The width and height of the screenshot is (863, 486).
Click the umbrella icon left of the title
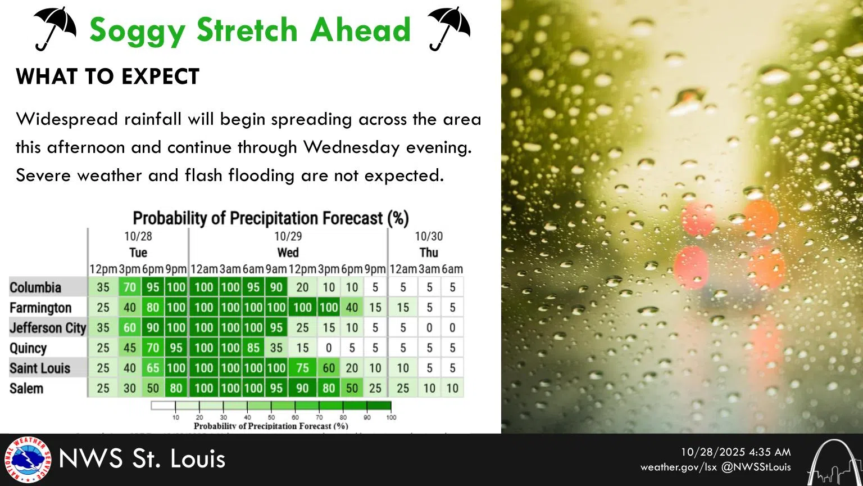55,29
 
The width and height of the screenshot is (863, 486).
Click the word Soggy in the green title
137,30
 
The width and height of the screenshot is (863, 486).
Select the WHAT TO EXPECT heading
108,76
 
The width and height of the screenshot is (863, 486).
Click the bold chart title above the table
270,218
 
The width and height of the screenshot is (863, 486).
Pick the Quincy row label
28,348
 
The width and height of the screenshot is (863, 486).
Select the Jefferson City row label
48,328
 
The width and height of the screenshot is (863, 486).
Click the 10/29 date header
288,236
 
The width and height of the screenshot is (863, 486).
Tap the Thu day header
429,253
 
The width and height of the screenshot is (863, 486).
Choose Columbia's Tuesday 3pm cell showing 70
130,287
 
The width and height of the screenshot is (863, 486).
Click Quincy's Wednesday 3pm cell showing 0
329,348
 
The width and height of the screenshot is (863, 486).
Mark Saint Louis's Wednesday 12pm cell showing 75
302,368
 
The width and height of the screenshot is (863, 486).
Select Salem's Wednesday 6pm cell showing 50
352,389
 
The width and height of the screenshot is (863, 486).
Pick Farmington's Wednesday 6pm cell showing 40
352,308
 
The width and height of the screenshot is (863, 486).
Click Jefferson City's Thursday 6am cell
452,328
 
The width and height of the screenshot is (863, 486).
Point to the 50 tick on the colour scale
271,417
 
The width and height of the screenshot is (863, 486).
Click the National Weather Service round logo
27,460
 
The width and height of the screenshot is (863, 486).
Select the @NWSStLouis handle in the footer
756,467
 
